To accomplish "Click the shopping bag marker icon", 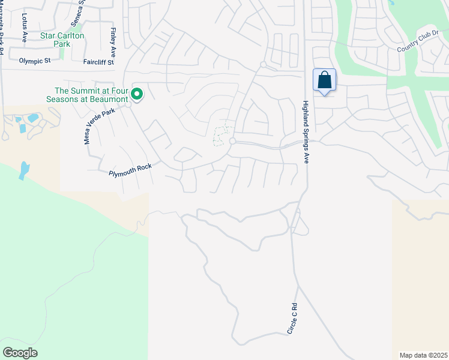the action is coord(324,80).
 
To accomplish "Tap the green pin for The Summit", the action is coord(137,94).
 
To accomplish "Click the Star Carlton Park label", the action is coord(62,40).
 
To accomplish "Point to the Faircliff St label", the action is coord(98,61).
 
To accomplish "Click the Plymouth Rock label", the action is coord(130,170).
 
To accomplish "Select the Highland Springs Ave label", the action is coord(306,132).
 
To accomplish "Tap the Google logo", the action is coord(20,353).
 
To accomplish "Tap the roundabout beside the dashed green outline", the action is coord(232,141).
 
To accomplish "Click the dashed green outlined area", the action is coord(222,136).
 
